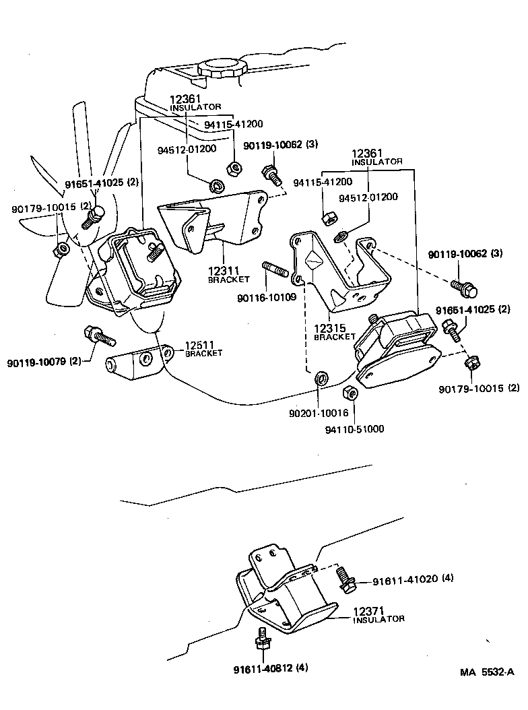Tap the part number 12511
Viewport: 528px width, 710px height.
[200, 345]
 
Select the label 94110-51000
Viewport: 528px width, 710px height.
[356, 428]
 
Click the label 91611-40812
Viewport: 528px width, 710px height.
[262, 669]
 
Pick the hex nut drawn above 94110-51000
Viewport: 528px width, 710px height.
[350, 393]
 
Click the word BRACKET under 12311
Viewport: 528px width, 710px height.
[228, 279]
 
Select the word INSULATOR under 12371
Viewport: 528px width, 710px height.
[378, 619]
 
